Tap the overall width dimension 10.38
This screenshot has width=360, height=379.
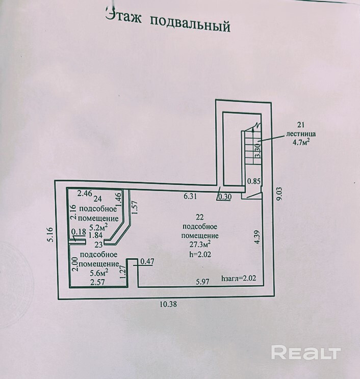click(x=167, y=304)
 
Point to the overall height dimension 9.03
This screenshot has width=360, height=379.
click(x=279, y=194)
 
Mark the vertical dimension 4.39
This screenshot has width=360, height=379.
click(x=258, y=238)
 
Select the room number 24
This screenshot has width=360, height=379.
click(x=98, y=200)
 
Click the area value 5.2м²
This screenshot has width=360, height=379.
click(x=98, y=227)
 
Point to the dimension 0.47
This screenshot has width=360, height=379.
click(x=147, y=262)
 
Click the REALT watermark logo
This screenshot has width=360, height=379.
click(x=305, y=352)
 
